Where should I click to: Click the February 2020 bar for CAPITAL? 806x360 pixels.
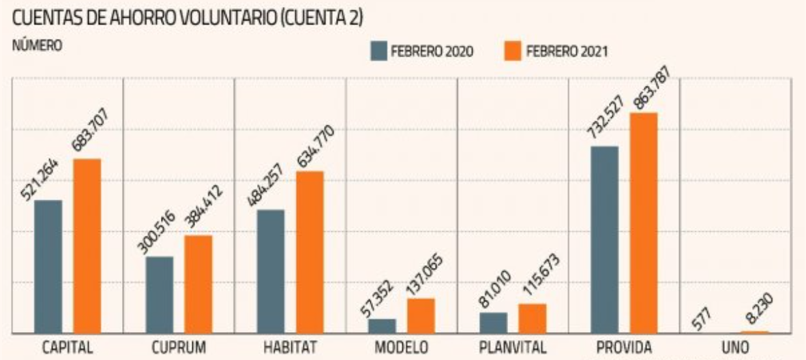tap(48, 266)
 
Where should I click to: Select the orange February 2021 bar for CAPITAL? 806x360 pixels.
tap(87, 245)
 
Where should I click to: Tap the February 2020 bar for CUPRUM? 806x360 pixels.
tap(160, 295)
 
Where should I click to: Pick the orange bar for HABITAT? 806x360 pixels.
tap(310, 252)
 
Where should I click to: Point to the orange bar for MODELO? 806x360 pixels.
tap(421, 316)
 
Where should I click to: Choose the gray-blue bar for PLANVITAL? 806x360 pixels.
tap(494, 322)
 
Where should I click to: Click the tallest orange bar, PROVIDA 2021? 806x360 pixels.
tap(644, 222)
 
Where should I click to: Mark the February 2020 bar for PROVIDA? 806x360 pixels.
tap(605, 239)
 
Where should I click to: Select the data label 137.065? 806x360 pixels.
tap(419, 274)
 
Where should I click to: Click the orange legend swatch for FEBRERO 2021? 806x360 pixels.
tap(513, 51)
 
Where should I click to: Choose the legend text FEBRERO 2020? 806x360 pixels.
tap(432, 52)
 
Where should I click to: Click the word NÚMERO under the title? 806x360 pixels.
tap(37, 46)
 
